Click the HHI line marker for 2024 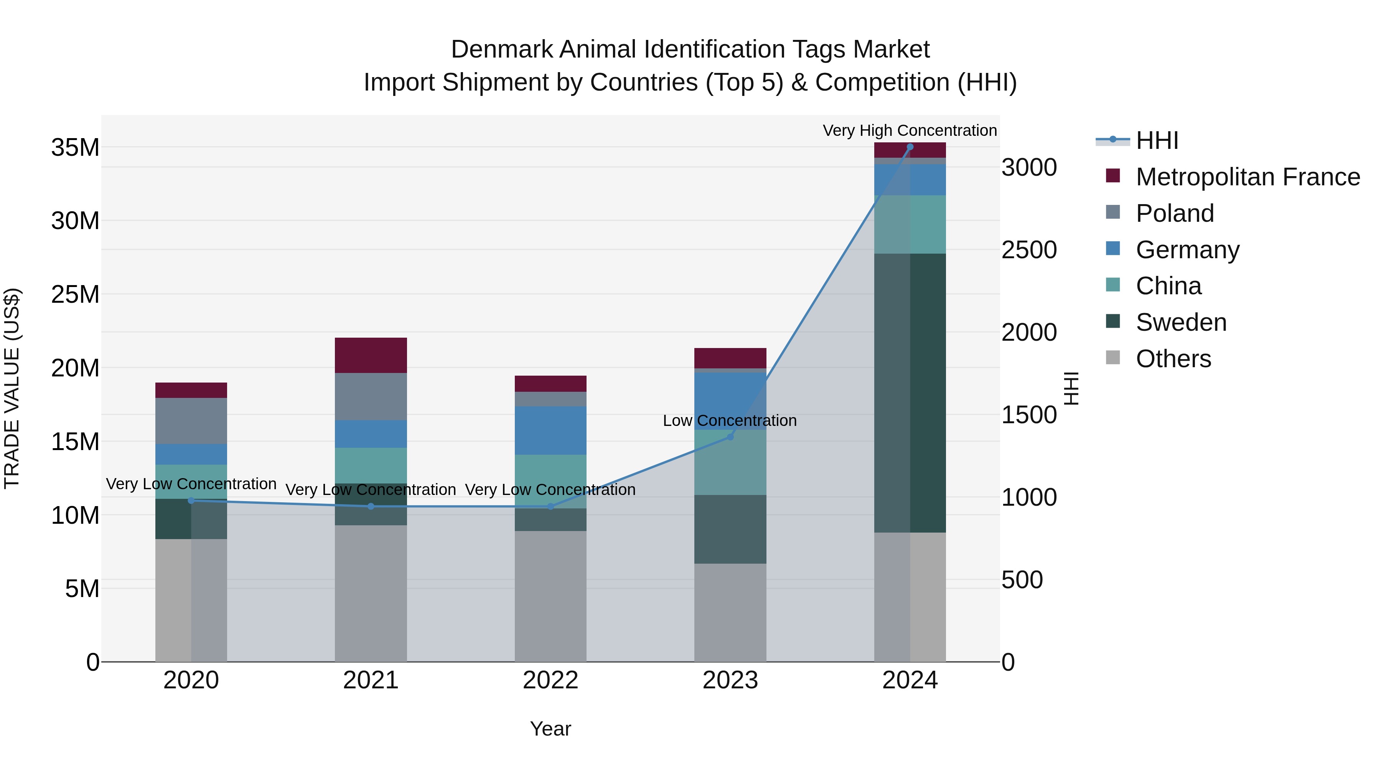[x=910, y=147]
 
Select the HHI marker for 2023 [x=730, y=437]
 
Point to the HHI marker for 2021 [x=371, y=506]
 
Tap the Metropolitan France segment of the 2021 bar [x=371, y=355]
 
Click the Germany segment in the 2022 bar [x=550, y=431]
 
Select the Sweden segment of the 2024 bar [x=910, y=393]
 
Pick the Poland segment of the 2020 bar [x=191, y=421]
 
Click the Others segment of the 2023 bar [x=730, y=612]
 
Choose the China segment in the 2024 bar [x=910, y=224]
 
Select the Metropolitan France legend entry [x=1247, y=177]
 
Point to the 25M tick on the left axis [x=75, y=294]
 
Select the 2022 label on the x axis [x=550, y=680]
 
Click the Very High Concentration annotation [x=910, y=130]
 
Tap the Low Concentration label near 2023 [x=730, y=421]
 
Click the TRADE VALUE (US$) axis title [x=12, y=388]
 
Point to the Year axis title [x=550, y=729]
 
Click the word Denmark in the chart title [x=502, y=49]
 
